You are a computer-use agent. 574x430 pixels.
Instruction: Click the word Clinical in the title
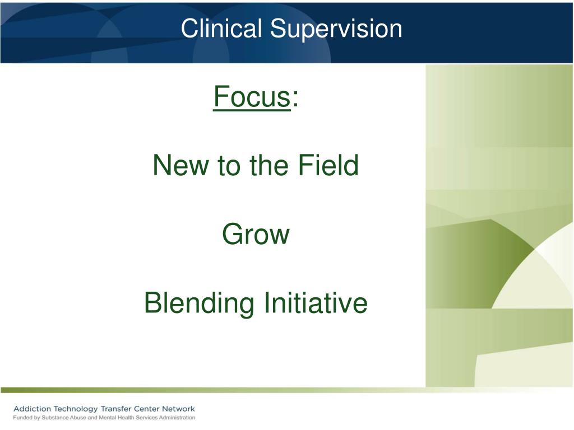(x=221, y=28)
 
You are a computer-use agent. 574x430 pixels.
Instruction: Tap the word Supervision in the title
(x=336, y=29)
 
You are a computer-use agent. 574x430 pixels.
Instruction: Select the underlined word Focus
(x=252, y=96)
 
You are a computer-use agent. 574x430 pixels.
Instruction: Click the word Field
(x=328, y=165)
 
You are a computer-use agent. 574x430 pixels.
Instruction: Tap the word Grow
(x=256, y=234)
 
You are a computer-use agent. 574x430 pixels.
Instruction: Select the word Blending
(x=199, y=303)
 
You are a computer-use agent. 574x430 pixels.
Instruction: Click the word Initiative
(x=316, y=302)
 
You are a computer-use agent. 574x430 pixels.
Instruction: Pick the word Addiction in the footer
(x=32, y=409)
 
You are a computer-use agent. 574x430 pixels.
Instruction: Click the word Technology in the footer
(x=76, y=409)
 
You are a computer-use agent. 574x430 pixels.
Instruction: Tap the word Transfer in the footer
(x=116, y=409)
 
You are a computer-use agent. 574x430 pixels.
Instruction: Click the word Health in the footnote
(x=125, y=418)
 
